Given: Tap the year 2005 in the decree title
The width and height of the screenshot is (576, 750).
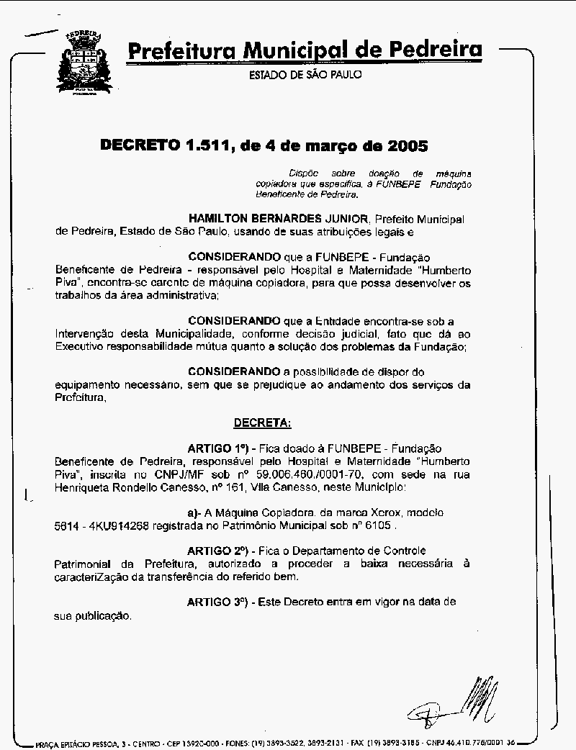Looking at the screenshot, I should coord(408,145).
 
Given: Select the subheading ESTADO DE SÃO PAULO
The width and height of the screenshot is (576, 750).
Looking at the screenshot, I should coord(305,75).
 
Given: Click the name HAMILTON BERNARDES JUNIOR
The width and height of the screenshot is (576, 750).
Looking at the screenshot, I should coord(279,218).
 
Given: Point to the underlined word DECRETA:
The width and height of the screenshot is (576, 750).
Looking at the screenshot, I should coord(262,422).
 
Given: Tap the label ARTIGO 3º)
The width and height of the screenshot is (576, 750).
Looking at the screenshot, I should coord(217,601).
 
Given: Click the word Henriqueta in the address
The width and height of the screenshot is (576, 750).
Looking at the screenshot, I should coord(82,487).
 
